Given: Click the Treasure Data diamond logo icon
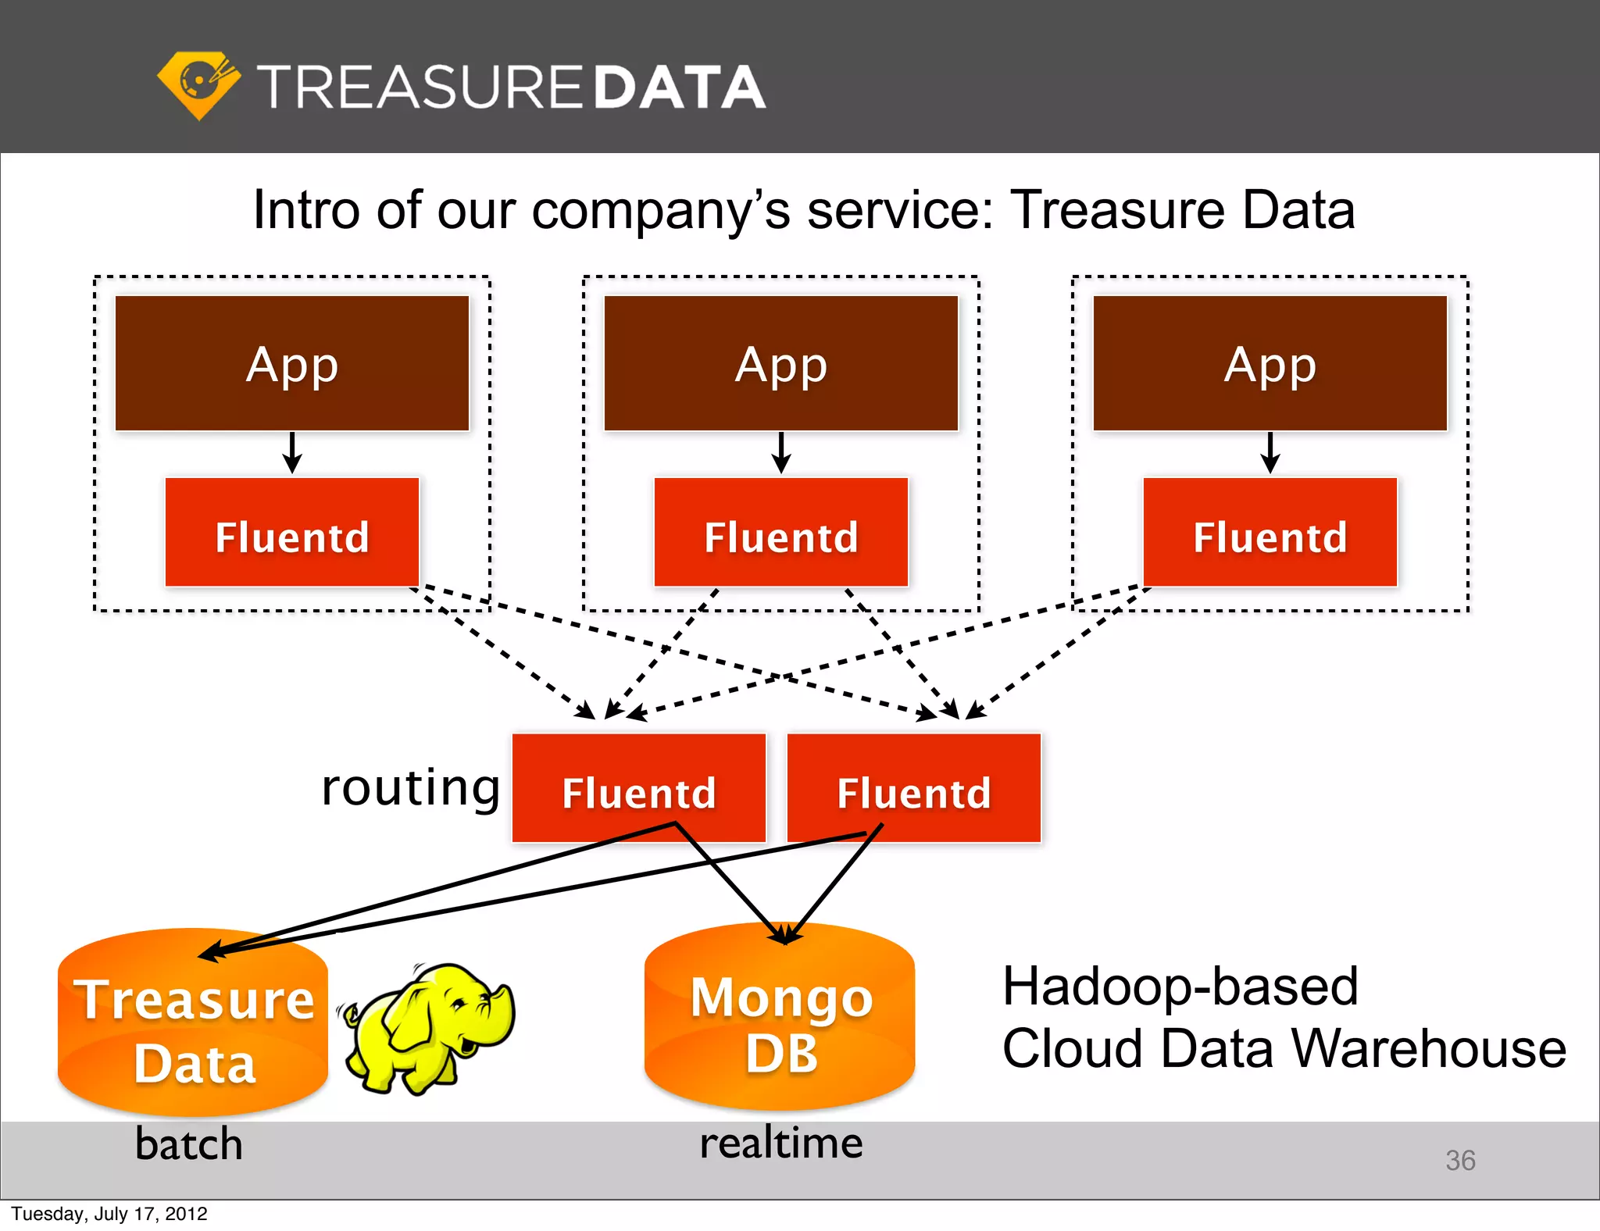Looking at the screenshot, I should (199, 84).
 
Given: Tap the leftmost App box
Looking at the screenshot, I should (292, 363).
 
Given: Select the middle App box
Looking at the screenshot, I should (780, 363).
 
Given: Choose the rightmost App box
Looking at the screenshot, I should (1270, 363).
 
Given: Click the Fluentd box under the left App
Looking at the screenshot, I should (292, 533).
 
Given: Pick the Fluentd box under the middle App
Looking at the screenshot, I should (780, 533).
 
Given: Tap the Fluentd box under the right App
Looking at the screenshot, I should (1270, 533).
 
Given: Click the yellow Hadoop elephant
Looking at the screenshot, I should (430, 1027).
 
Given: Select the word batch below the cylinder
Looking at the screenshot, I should (188, 1144).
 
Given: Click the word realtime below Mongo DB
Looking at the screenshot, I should (780, 1143).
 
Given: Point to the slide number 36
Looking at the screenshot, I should (1459, 1160).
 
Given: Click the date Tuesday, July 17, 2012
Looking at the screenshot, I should (109, 1214).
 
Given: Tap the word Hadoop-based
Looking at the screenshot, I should (1180, 986).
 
